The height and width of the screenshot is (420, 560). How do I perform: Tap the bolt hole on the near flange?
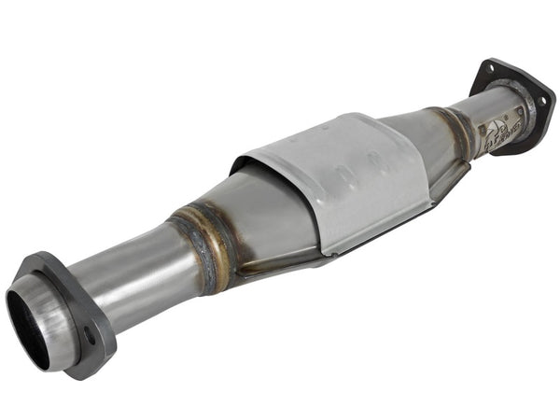(x=90, y=333)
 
